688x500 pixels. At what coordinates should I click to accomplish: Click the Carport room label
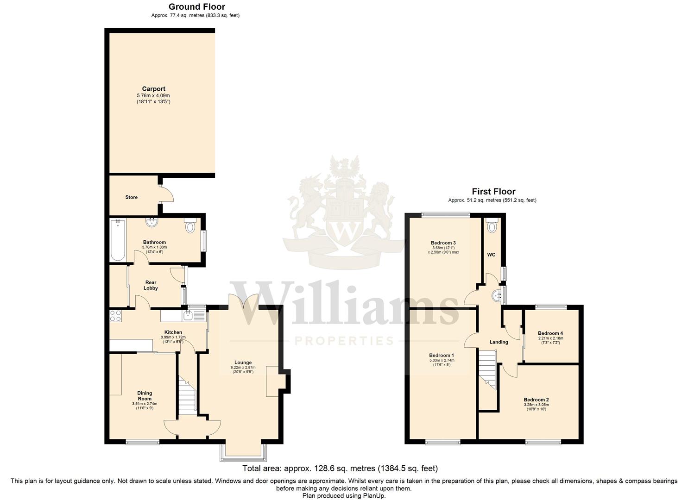tap(153, 89)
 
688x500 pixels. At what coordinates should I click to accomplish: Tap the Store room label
tap(131, 197)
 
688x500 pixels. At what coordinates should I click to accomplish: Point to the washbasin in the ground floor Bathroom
tap(151, 223)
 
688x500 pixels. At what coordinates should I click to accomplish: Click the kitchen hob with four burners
tap(115, 316)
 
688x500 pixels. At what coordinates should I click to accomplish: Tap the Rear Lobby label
tap(151, 285)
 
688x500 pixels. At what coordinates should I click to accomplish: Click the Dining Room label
tap(145, 396)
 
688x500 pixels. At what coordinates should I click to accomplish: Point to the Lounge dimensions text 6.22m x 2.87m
tap(243, 368)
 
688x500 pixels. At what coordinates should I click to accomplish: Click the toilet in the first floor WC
tap(491, 226)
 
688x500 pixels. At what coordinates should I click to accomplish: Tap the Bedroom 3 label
tap(443, 243)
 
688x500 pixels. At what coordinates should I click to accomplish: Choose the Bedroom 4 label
tap(550, 333)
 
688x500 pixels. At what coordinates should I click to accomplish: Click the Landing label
tap(499, 342)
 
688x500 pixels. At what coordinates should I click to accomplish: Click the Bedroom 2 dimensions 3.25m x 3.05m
tap(536, 405)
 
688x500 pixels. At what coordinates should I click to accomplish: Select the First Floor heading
tap(493, 191)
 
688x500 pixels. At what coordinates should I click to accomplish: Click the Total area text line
tap(340, 469)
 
